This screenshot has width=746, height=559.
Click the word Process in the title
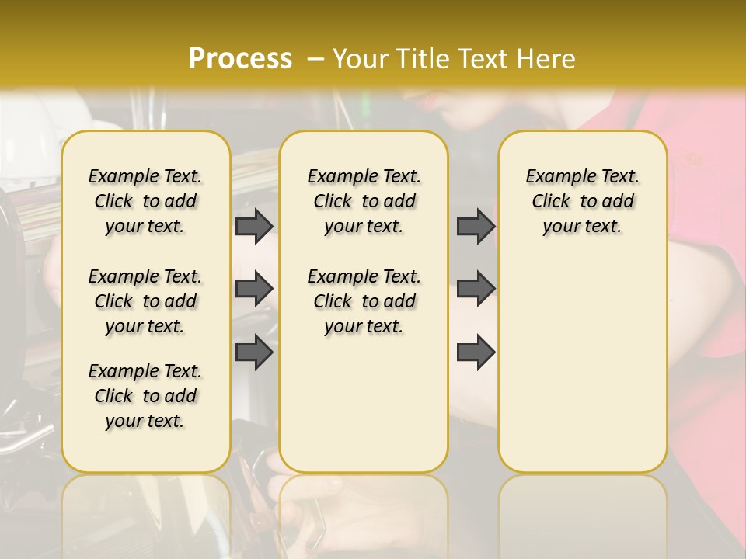coord(240,59)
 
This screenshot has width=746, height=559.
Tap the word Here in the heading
coord(547,59)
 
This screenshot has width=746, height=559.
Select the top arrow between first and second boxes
coord(254,226)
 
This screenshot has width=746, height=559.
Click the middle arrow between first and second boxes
coord(254,289)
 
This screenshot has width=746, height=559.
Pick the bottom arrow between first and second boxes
coord(254,352)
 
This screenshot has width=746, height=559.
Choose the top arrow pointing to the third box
coord(476,226)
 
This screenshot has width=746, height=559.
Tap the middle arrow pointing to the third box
coord(476,289)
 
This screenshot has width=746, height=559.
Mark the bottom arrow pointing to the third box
coord(476,352)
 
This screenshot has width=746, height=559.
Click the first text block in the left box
coord(145,201)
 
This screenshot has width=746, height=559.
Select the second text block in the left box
coord(145,301)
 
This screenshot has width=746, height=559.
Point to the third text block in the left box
coord(145,396)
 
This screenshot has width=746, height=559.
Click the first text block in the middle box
coord(364,201)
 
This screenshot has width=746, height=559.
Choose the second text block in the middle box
coord(364,301)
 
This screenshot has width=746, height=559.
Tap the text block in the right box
coord(582,201)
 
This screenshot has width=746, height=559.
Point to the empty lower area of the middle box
coord(364,404)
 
